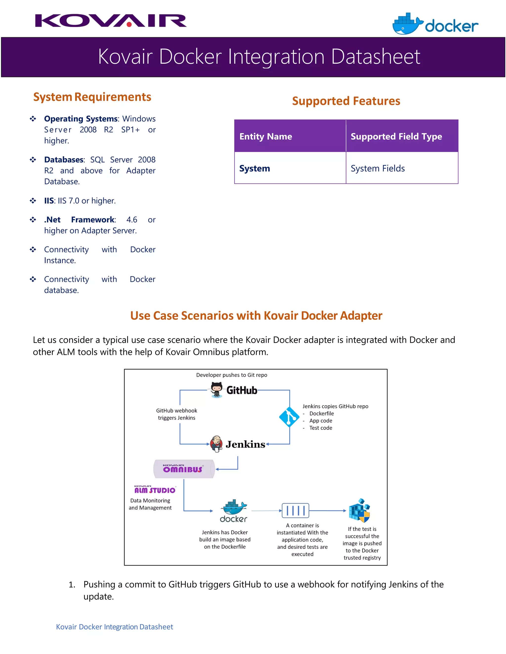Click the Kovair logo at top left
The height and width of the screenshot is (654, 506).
[x=111, y=21]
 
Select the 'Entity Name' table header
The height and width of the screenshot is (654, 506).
[x=266, y=136]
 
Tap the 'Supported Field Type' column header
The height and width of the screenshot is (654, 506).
[x=396, y=136]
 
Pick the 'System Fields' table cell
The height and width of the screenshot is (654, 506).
[x=378, y=168]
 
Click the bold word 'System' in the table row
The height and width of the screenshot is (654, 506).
[x=254, y=168]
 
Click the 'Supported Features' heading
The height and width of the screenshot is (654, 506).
[x=346, y=101]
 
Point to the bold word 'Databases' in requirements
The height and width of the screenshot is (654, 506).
[x=64, y=160]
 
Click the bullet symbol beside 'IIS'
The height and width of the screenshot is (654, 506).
[x=33, y=201]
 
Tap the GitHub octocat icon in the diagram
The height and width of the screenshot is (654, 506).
[x=216, y=390]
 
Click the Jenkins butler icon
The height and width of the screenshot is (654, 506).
[x=216, y=443]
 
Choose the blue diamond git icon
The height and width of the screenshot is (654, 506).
[x=289, y=417]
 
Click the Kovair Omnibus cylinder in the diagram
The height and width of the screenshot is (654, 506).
[x=184, y=469]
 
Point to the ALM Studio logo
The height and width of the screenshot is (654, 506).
[x=155, y=490]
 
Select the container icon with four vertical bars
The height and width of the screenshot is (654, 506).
[x=295, y=511]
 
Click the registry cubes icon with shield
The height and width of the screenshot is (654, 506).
[x=359, y=510]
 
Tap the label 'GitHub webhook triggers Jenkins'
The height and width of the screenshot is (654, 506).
[x=177, y=414]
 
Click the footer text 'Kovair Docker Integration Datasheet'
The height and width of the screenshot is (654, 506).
[x=114, y=627]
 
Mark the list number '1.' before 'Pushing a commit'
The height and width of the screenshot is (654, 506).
[x=72, y=584]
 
